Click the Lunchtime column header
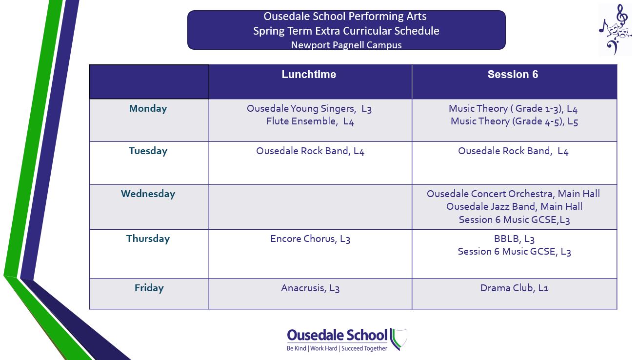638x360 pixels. click(309, 75)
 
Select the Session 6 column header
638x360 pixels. click(513, 75)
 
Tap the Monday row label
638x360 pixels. click(148, 109)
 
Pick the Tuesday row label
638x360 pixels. click(148, 151)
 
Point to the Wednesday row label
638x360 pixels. click(148, 194)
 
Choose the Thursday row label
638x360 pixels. click(148, 239)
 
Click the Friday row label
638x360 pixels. click(149, 288)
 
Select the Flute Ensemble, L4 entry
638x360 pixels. click(310, 121)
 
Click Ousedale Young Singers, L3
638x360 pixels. click(309, 109)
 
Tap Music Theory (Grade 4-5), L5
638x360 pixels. click(514, 121)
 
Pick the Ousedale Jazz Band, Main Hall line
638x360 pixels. click(514, 206)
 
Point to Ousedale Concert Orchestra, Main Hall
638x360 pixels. click(513, 194)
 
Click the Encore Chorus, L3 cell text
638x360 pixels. click(310, 239)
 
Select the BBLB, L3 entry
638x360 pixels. click(514, 239)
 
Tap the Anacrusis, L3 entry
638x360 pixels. click(310, 288)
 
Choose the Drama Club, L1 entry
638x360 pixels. click(514, 288)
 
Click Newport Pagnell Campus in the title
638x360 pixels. click(346, 45)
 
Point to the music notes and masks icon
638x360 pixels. click(615, 29)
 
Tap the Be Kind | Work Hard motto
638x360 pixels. click(337, 348)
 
